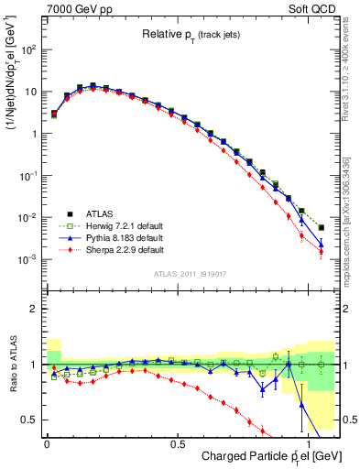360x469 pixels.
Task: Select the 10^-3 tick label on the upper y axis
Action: click(28, 260)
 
